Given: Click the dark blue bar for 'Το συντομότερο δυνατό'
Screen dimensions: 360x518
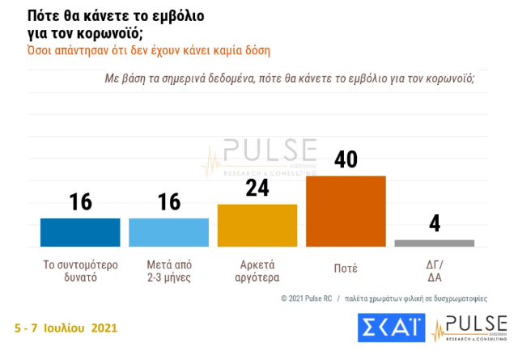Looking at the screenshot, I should [80, 232].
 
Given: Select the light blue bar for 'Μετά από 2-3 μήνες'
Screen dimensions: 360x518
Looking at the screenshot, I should [169, 232].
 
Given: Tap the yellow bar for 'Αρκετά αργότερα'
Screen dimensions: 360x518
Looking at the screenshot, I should [257, 225].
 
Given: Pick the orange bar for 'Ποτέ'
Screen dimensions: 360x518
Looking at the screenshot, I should [346, 210].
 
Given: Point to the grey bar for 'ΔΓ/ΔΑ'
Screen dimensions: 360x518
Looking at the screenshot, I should [434, 243].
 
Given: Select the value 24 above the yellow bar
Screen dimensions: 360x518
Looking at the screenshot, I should [257, 188].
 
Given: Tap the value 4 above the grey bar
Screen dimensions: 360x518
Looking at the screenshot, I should [435, 223].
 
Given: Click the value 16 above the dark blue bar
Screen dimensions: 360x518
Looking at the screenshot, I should [80, 201].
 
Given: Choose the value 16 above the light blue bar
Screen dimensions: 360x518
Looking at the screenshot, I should [169, 201].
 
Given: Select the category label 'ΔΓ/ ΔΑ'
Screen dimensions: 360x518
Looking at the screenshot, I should [435, 270].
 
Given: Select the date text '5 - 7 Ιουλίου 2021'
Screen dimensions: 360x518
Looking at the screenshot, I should [66, 328].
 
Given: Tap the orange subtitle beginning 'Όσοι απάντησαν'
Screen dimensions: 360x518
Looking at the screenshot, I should [149, 50].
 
